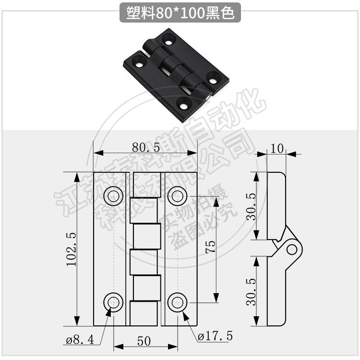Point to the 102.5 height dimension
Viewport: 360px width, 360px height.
tap(72, 249)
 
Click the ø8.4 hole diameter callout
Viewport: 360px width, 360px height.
tap(80, 340)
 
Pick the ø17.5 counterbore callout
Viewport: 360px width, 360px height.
tap(215, 336)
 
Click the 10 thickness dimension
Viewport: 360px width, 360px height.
tap(277, 148)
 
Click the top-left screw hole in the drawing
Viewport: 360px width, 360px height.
tap(113, 195)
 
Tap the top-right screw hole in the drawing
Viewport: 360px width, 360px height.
tap(177, 195)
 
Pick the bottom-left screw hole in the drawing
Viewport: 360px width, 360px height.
tap(113, 302)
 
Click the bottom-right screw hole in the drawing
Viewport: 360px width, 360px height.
tap(177, 302)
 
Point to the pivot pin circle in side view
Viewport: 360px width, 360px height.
tap(291, 248)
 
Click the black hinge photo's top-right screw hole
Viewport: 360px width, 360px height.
tap(168, 37)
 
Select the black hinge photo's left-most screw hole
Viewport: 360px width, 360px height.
tap(139, 63)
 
